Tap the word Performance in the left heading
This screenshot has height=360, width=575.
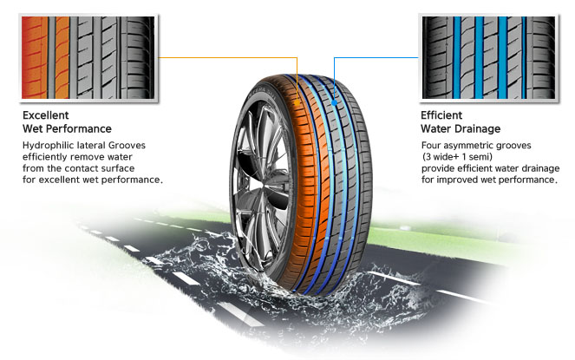[x=77, y=128]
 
